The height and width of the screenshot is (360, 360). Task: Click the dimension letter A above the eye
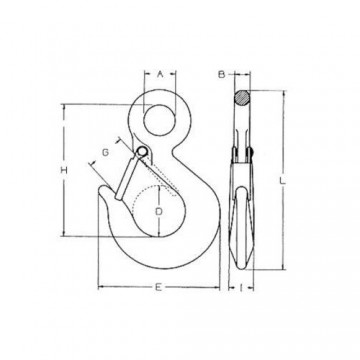pyautogui.click(x=160, y=72)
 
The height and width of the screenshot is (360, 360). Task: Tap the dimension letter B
pyautogui.click(x=223, y=73)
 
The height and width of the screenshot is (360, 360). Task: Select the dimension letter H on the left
pyautogui.click(x=63, y=170)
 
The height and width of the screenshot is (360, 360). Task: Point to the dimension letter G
pyautogui.click(x=104, y=153)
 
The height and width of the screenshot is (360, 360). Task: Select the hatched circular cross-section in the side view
pyautogui.click(x=243, y=98)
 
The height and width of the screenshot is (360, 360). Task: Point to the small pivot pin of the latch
pyautogui.click(x=143, y=152)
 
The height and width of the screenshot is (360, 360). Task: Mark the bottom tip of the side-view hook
pyautogui.click(x=246, y=269)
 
